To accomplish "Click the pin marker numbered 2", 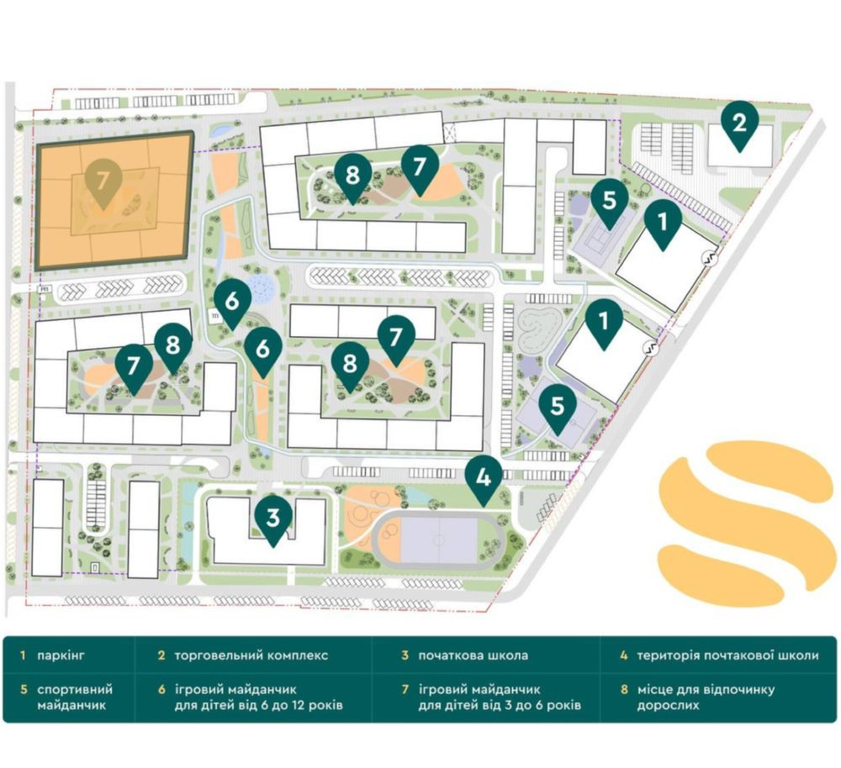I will [739, 124].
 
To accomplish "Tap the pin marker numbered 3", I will [272, 518].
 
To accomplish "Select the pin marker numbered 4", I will [484, 478].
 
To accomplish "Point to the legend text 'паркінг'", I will [66, 655].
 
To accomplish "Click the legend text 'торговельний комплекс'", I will [251, 655].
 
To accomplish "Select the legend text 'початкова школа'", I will [475, 655].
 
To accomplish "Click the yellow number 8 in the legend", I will [624, 690].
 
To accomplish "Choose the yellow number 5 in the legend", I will [24, 690].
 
